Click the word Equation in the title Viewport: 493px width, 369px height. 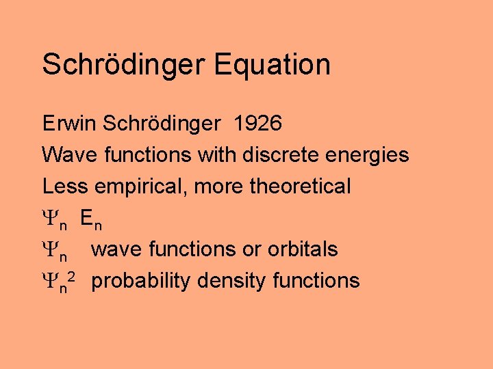(272, 65)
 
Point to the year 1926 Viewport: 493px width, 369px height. (257, 124)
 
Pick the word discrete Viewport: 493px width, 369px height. (277, 155)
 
